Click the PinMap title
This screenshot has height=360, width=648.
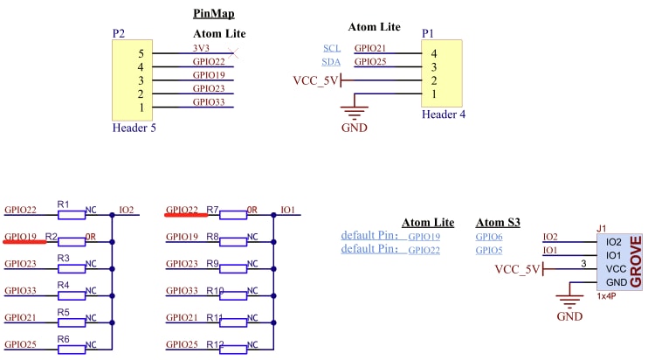(x=213, y=15)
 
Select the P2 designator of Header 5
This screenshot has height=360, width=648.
(x=119, y=33)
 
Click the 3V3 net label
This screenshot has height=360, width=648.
(x=201, y=48)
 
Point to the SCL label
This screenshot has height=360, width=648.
(x=332, y=48)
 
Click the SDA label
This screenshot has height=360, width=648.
(x=332, y=62)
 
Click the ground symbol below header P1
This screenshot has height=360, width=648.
(x=354, y=111)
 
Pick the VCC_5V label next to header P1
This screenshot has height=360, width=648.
(x=314, y=80)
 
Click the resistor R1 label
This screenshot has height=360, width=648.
(x=63, y=204)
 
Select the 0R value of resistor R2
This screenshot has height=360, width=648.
(x=90, y=237)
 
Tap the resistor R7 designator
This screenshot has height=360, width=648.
(x=212, y=210)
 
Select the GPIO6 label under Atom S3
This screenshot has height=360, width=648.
(x=489, y=237)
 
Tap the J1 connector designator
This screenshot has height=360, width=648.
(x=601, y=228)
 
